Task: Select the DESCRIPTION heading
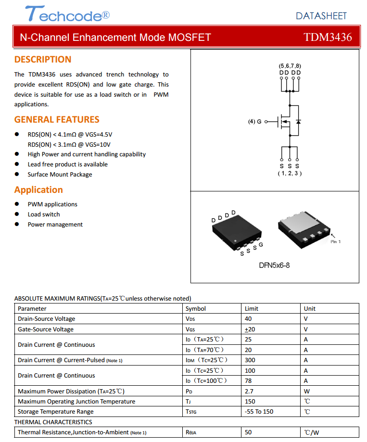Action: [43, 60]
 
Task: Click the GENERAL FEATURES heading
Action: [57, 120]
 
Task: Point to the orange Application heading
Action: [38, 190]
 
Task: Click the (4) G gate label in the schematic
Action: [255, 122]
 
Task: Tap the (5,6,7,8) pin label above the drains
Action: [290, 65]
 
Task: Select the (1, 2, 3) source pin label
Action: [290, 173]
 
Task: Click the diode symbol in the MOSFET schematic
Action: [298, 122]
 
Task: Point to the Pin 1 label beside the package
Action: [335, 241]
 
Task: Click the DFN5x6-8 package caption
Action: [274, 265]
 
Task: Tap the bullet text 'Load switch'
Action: [44, 215]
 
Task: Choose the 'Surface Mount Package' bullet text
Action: [60, 175]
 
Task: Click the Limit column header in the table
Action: [252, 309]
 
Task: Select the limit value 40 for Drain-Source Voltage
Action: [248, 319]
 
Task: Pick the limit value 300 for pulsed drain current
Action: [250, 360]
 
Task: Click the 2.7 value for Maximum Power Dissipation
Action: [249, 391]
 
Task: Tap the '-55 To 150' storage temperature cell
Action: [259, 412]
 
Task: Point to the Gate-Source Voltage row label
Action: [46, 329]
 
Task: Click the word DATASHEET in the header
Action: [321, 16]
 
